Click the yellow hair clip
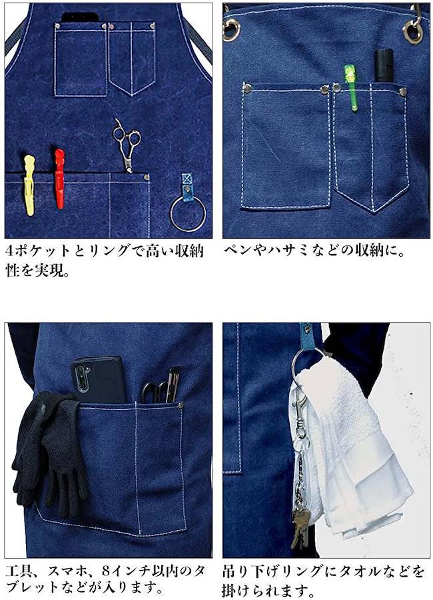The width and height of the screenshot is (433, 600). (29, 185)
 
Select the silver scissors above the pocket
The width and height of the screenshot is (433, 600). (127, 145)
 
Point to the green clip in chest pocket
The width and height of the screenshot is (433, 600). (351, 87)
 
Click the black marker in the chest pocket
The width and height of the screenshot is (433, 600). (384, 65)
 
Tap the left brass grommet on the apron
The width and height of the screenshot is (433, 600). (230, 30)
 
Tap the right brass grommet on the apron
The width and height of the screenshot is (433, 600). (413, 32)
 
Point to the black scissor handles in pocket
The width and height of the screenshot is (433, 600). (153, 392)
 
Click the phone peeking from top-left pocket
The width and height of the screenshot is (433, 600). (80, 17)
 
